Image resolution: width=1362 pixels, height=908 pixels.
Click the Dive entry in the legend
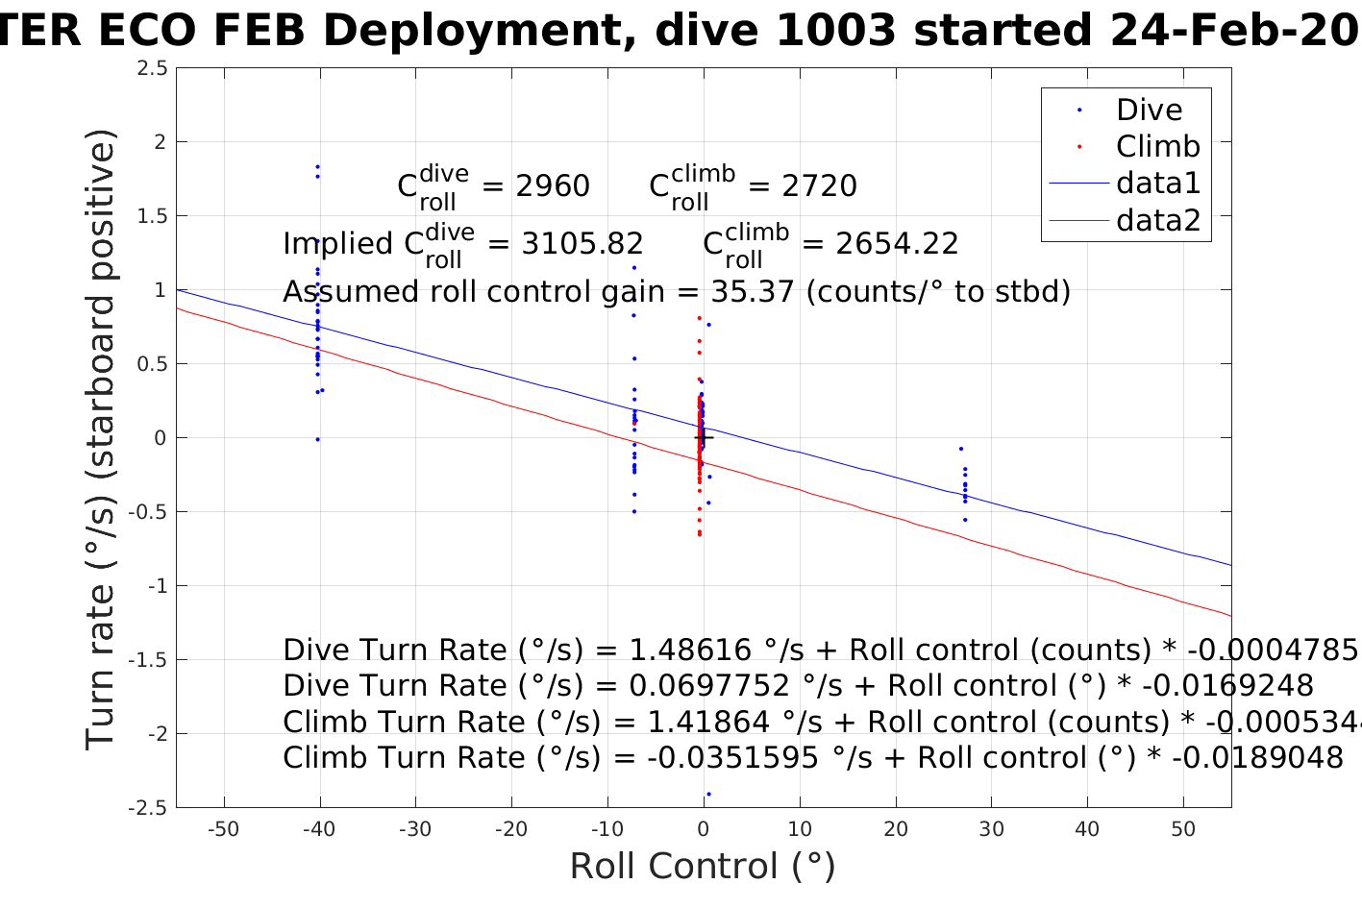coord(1149,110)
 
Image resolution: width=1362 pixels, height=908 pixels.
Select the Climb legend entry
coord(1157,146)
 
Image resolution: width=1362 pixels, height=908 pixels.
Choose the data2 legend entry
coord(1158,221)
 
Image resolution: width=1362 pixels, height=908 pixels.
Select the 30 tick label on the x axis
coord(991,829)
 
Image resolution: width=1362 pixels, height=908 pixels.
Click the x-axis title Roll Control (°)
coord(703,867)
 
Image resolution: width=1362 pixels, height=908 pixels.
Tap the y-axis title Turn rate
coord(101,439)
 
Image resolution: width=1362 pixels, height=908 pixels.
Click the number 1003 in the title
coord(834,31)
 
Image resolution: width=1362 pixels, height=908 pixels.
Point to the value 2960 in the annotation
coord(552,185)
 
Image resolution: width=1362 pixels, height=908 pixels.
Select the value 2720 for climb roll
coord(819,185)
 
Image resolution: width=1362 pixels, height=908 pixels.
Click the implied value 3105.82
coord(582,244)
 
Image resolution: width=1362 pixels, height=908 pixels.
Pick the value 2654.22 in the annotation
coord(897,244)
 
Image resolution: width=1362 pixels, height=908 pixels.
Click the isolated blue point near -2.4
coord(708,794)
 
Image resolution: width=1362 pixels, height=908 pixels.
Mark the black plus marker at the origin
coord(704,438)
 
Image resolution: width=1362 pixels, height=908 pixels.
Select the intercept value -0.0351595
coord(732,758)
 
